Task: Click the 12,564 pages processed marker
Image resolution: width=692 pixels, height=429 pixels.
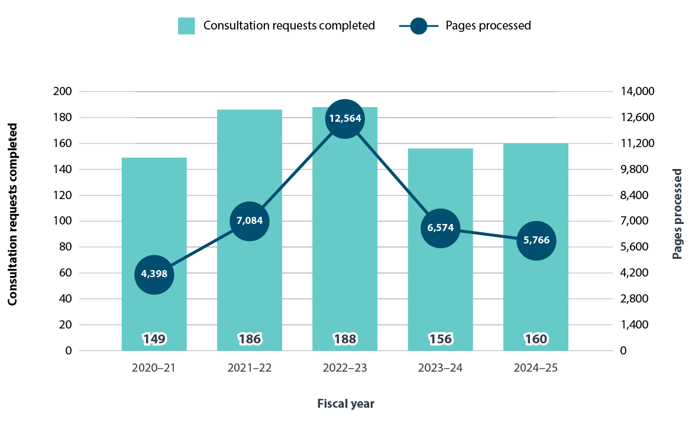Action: click(x=345, y=119)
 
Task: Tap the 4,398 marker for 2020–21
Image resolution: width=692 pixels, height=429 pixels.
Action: click(x=154, y=274)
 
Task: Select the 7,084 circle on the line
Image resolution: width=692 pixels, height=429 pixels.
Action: click(x=250, y=221)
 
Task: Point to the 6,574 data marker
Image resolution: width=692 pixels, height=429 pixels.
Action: click(x=441, y=227)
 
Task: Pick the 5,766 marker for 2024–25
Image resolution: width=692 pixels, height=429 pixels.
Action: click(x=536, y=240)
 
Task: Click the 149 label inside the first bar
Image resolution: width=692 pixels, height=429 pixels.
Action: click(x=154, y=339)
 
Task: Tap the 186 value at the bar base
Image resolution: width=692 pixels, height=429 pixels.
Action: click(x=250, y=339)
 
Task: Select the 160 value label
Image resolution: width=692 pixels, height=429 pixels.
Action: click(x=536, y=339)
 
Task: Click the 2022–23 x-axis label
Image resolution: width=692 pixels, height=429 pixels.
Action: click(x=345, y=368)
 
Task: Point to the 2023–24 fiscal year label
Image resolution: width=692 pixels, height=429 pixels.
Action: click(x=441, y=368)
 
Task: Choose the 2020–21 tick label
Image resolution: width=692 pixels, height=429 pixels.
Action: click(x=154, y=368)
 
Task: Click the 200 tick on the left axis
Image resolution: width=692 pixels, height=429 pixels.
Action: click(x=62, y=92)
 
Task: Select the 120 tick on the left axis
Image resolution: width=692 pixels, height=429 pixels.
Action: click(x=62, y=195)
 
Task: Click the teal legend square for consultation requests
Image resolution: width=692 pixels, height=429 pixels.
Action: click(x=186, y=26)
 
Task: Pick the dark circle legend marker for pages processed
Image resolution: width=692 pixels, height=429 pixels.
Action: click(x=419, y=26)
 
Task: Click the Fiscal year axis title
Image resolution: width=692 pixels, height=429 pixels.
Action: click(x=346, y=404)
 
